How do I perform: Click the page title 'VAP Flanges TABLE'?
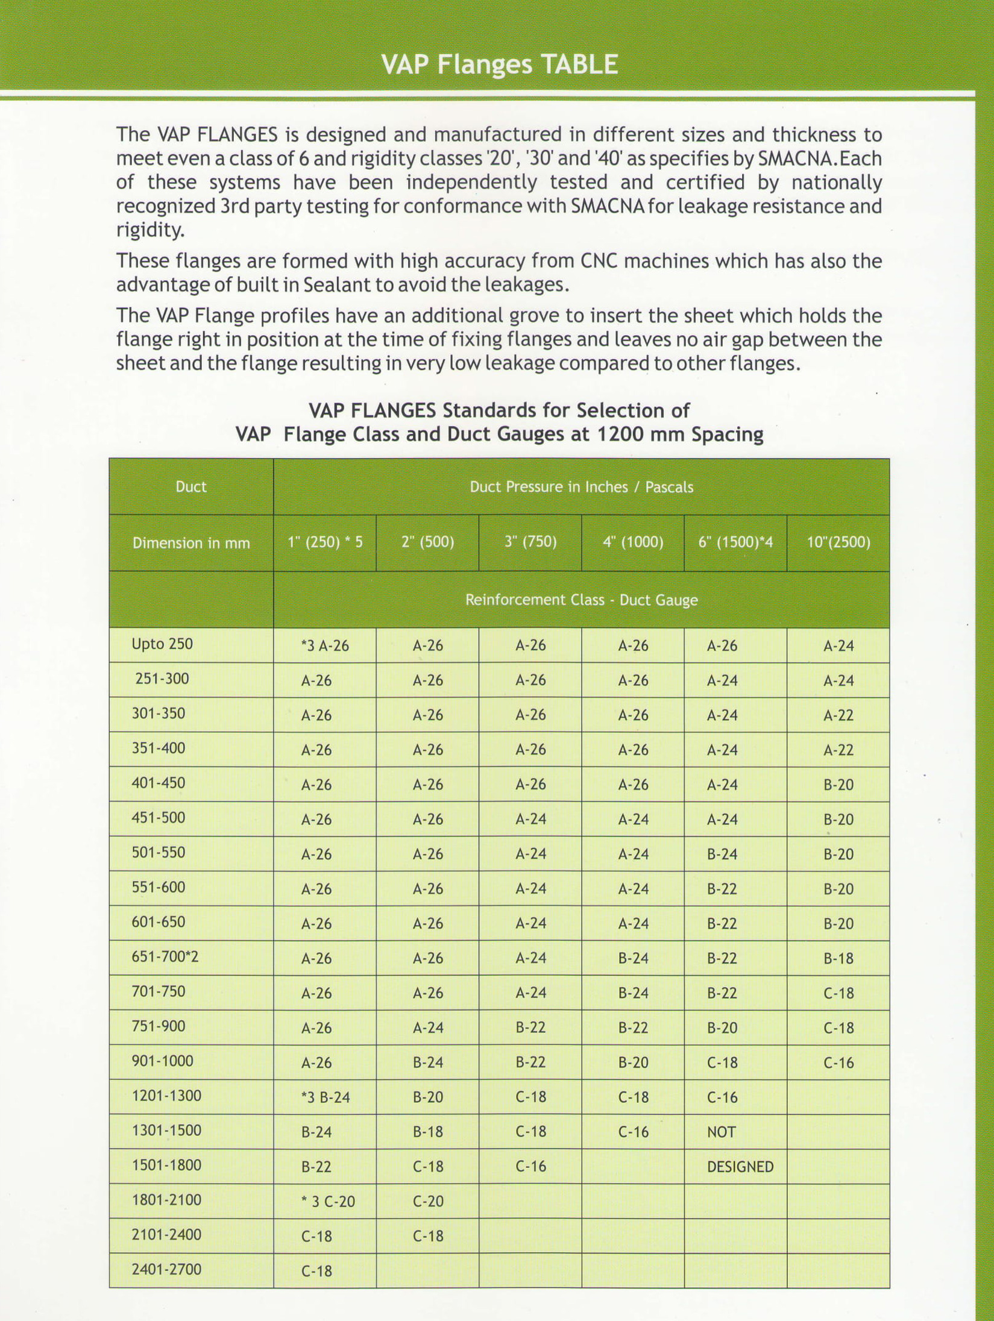[500, 64]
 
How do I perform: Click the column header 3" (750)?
[530, 542]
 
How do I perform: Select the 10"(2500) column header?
[838, 542]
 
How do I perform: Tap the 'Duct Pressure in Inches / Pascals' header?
[581, 487]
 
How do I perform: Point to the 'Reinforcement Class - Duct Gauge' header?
[581, 600]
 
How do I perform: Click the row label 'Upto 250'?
[162, 644]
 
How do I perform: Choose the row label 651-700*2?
[165, 956]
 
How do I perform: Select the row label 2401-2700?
[166, 1269]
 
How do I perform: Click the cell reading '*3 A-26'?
[325, 646]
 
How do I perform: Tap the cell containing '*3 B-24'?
[326, 1097]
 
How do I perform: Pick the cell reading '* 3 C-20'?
[328, 1202]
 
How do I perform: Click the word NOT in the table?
[721, 1132]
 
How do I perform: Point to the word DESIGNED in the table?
[740, 1167]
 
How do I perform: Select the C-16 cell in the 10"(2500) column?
[838, 1063]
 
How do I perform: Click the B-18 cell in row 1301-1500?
[428, 1132]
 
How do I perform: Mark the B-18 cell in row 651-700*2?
[838, 959]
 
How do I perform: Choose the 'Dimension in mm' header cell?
[191, 544]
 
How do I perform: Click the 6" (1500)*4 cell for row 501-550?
[722, 855]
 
